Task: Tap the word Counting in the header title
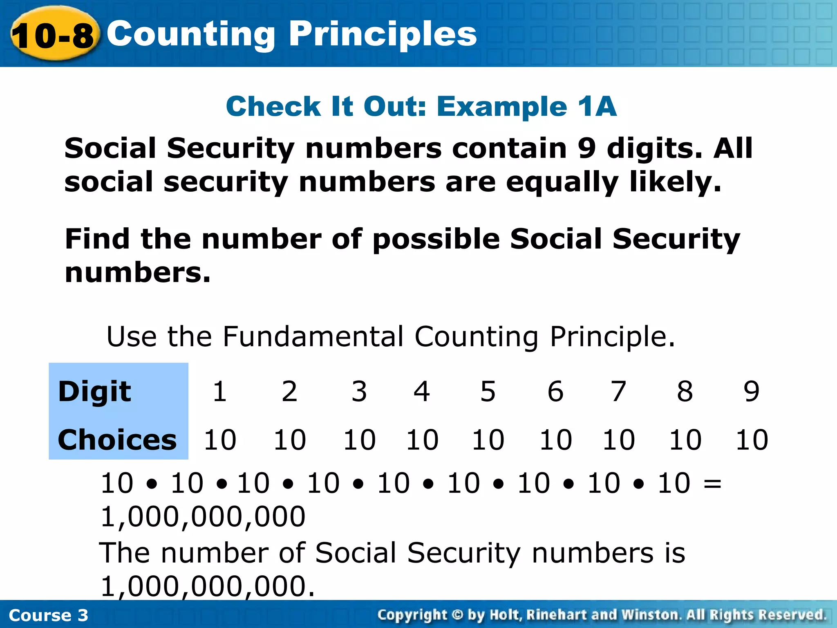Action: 191,34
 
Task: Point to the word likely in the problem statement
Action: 674,182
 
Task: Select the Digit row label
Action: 94,392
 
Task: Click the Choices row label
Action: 117,440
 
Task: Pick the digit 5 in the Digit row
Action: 488,391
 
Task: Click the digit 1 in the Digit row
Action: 220,391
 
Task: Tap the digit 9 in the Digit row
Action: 751,391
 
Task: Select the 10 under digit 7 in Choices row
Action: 619,440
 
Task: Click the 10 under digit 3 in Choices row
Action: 359,440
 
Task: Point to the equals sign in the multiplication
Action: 712,484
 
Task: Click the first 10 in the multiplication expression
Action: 117,483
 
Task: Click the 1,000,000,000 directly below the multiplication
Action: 203,517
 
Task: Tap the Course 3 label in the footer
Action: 48,615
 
